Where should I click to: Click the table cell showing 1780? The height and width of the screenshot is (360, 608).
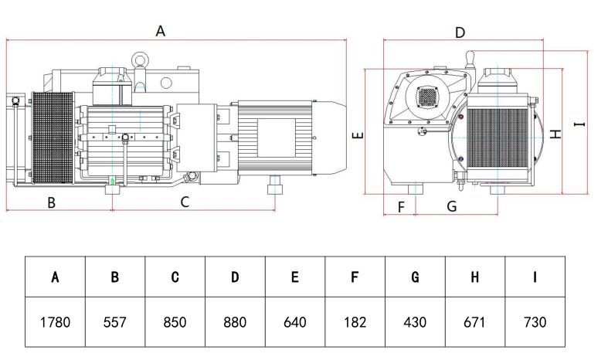pos(55,322)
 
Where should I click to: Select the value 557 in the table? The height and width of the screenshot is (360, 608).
pos(115,322)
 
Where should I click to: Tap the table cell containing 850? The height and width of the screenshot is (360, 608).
pos(175,322)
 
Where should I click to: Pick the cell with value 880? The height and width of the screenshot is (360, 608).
pos(235,322)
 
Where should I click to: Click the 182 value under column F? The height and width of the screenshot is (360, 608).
pos(355,322)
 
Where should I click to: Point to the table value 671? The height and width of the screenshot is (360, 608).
pos(474,322)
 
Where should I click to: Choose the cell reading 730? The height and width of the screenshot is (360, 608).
pos(535,322)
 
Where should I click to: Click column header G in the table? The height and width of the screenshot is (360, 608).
pos(415,277)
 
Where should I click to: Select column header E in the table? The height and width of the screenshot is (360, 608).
pos(294,277)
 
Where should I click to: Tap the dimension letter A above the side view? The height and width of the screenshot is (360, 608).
pos(160,31)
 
